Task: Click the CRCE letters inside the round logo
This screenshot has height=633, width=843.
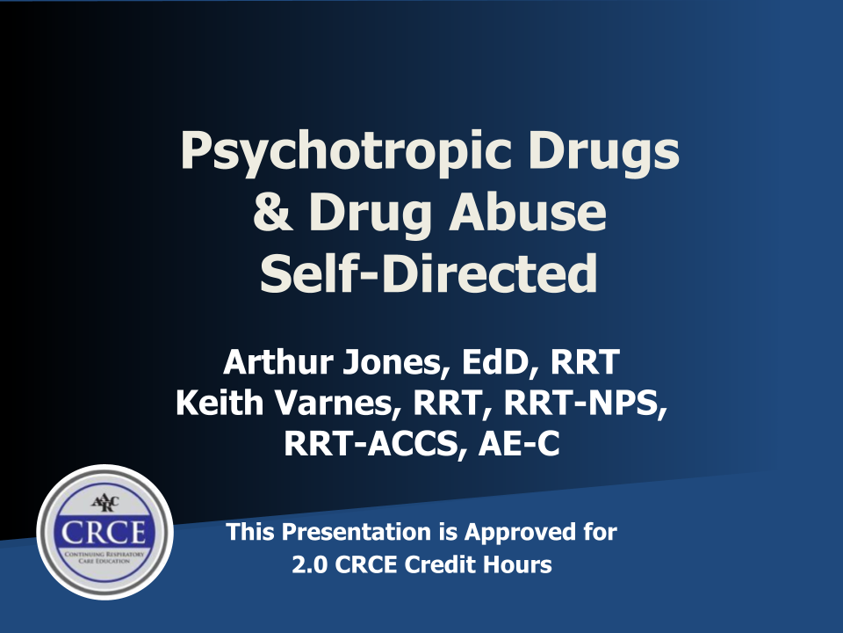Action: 104,533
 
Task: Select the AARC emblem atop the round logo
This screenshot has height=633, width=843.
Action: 104,502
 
